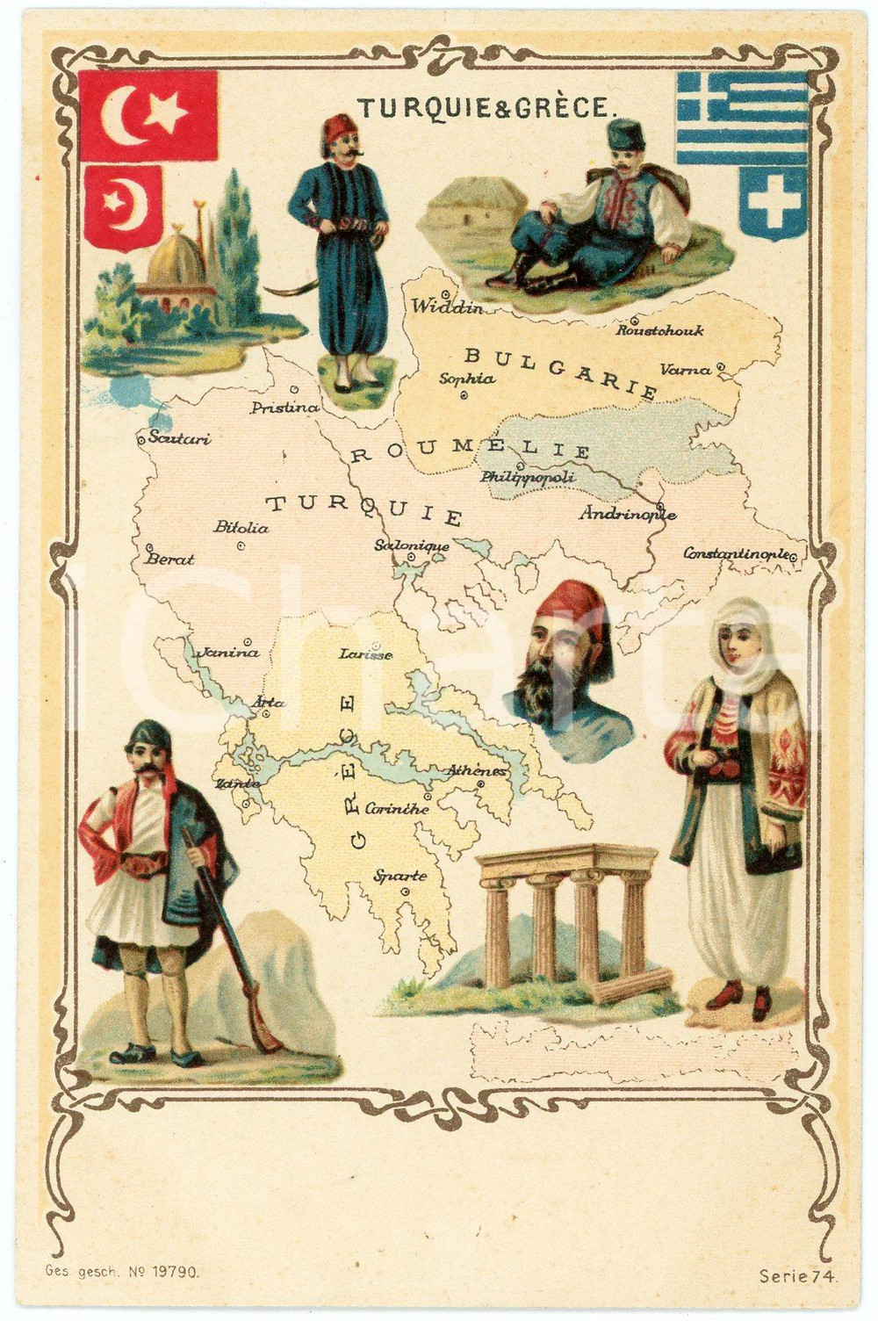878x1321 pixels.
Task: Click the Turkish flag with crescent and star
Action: pyautogui.click(x=148, y=115)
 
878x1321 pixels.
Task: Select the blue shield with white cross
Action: pyautogui.click(x=772, y=202)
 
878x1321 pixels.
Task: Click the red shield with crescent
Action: pyautogui.click(x=123, y=207)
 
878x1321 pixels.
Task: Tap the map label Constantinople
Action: pyautogui.click(x=738, y=553)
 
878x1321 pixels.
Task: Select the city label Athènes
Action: pyautogui.click(x=477, y=771)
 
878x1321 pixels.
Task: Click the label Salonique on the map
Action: pyautogui.click(x=412, y=545)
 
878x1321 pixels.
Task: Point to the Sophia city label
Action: pyautogui.click(x=466, y=379)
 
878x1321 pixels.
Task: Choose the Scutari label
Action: pyautogui.click(x=179, y=437)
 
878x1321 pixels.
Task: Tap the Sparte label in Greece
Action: pyautogui.click(x=400, y=876)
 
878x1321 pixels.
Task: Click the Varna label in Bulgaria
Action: pyautogui.click(x=686, y=370)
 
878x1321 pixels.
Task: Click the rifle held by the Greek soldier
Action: pyautogui.click(x=235, y=949)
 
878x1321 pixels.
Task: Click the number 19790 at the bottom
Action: pyautogui.click(x=176, y=1270)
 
